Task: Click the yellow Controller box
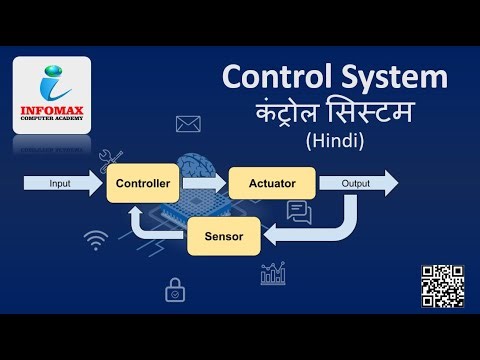point(147,184)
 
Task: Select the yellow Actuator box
point(272,184)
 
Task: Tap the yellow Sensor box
point(224,237)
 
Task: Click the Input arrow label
point(61,184)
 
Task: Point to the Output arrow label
point(356,184)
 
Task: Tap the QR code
point(442,286)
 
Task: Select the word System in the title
point(392,78)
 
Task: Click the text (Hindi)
point(335,142)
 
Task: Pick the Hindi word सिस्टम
point(375,114)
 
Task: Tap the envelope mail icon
point(189,124)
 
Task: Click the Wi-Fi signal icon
point(97,240)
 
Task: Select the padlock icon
point(174,290)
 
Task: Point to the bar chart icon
point(273,272)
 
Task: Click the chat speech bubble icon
point(299,212)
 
